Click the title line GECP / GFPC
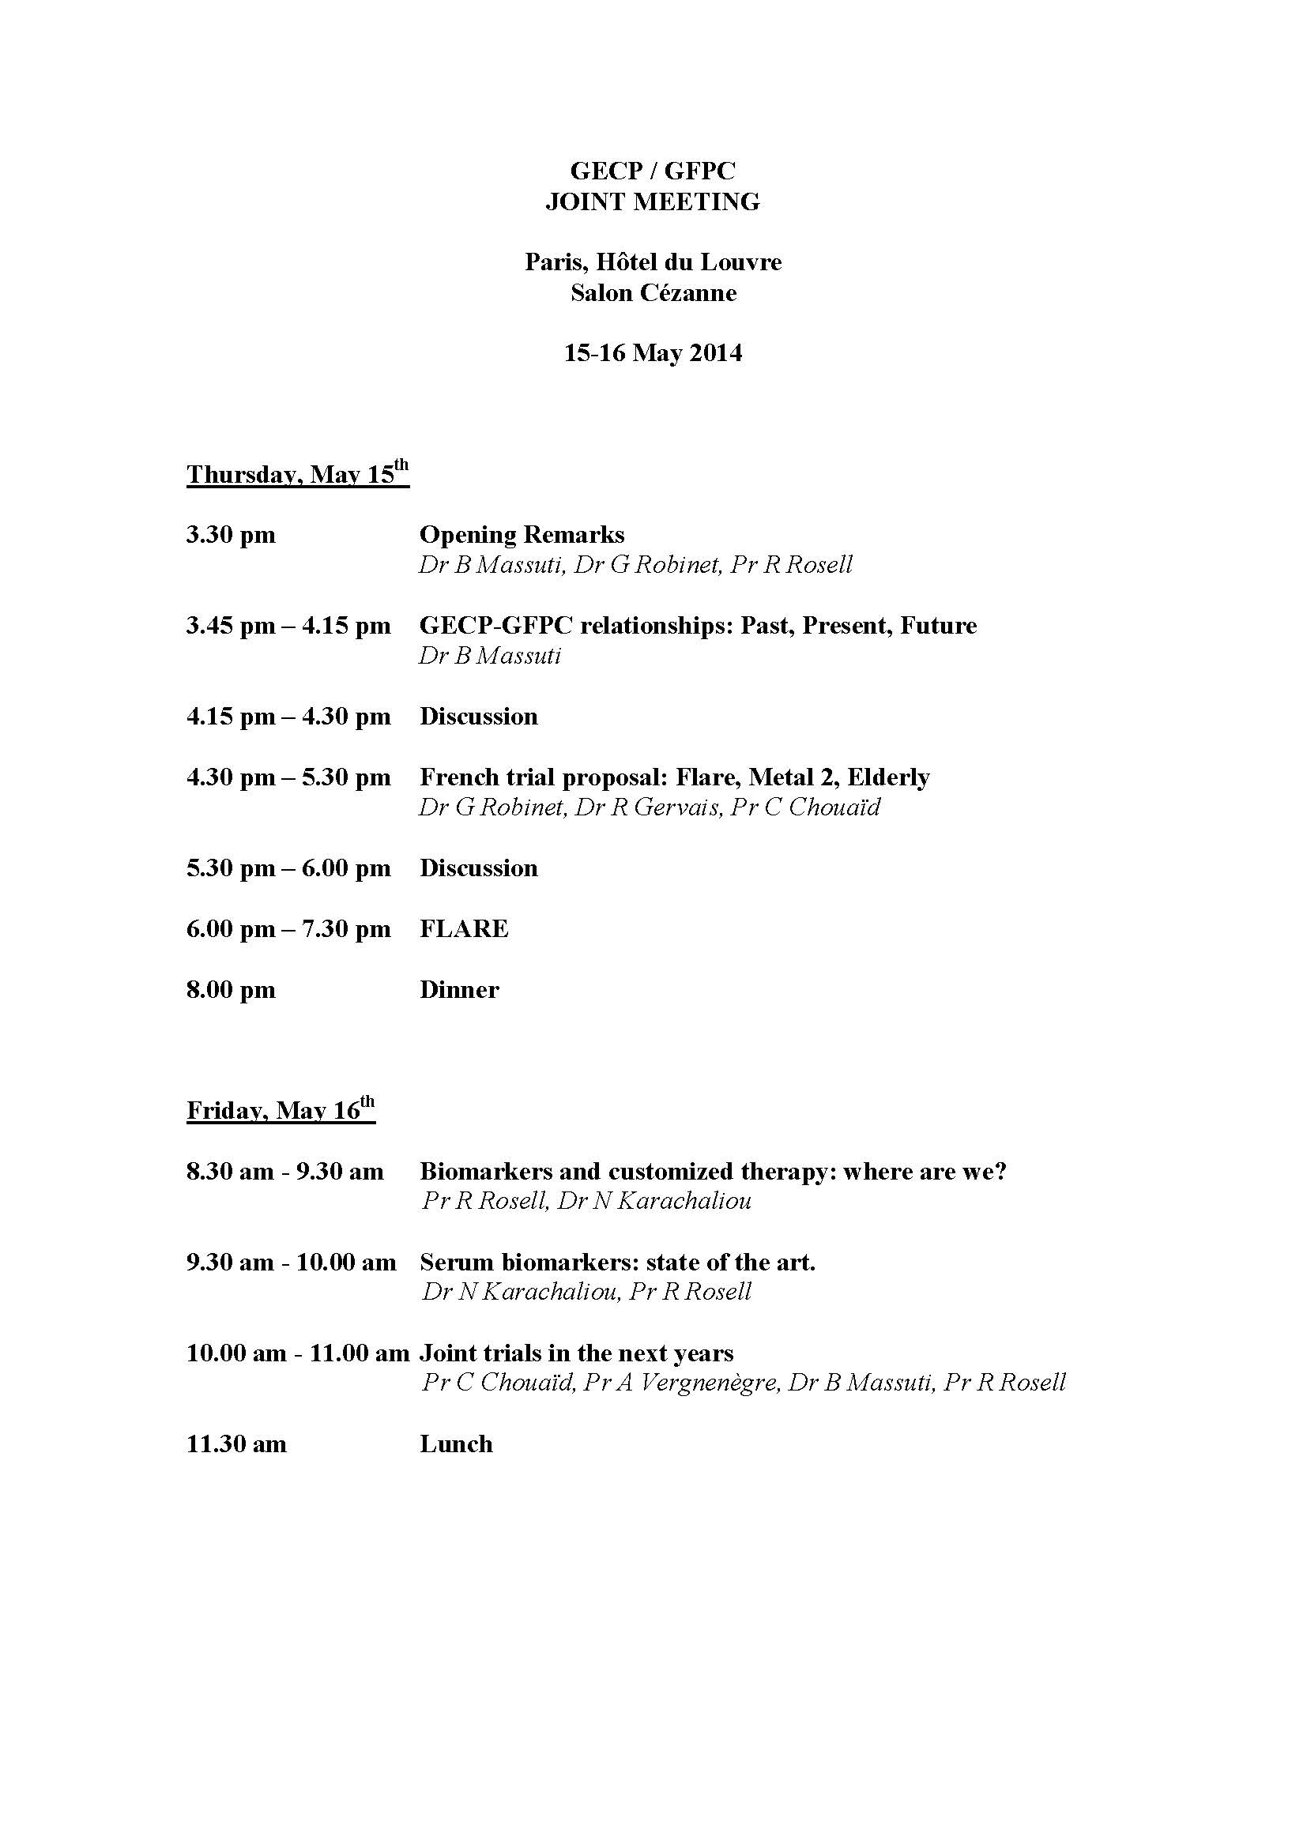click(x=653, y=171)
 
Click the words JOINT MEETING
click(x=653, y=201)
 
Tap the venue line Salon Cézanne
click(x=653, y=293)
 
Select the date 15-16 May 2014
click(x=653, y=353)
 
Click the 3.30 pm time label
click(x=231, y=534)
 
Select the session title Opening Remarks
click(x=522, y=534)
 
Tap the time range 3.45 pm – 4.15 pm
click(x=288, y=626)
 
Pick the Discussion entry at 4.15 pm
click(x=478, y=717)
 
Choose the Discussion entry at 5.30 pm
click(x=478, y=868)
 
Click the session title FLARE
click(x=464, y=929)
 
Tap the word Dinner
click(x=459, y=989)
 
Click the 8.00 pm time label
click(x=231, y=989)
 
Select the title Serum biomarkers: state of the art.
click(x=617, y=1262)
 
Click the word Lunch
click(x=455, y=1444)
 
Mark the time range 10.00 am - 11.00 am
click(x=298, y=1353)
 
